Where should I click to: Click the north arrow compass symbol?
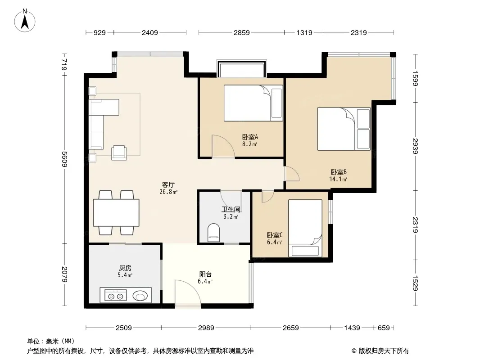coord(25,21)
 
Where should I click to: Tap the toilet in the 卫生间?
coord(214,233)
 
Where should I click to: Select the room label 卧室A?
coord(250,137)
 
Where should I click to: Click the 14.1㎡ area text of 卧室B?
coord(338,179)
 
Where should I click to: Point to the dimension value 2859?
coord(241,32)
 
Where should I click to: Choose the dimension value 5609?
coord(64,159)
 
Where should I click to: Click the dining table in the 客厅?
coord(116,213)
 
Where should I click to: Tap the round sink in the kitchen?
coord(140,296)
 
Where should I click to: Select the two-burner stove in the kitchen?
coord(115,296)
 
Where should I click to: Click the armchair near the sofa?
coord(119,152)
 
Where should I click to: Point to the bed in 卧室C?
coord(305,228)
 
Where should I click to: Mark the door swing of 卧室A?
coord(223,146)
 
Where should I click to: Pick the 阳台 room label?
coord(205,274)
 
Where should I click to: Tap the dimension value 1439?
coord(352,328)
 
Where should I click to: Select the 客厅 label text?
coord(168,185)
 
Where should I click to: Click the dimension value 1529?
coord(415,283)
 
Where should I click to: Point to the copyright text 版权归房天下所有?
coord(384,351)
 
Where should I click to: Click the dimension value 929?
coord(100,32)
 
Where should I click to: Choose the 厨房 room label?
coord(125,268)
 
